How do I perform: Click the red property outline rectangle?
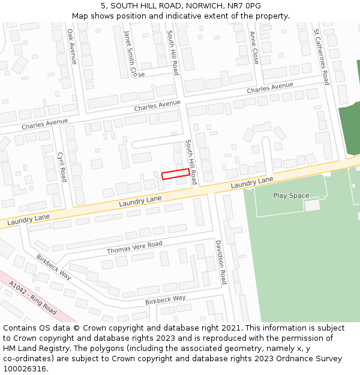(176, 174)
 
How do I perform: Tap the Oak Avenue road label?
(72, 46)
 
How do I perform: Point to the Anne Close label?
(254, 48)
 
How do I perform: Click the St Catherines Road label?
(322, 56)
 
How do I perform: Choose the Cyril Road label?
(61, 166)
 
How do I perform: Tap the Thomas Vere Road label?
(134, 247)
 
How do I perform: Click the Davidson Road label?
(220, 262)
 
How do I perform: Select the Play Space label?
(291, 196)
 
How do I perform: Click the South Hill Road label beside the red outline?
(191, 162)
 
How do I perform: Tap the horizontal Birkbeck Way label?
(165, 299)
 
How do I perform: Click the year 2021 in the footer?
(229, 328)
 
